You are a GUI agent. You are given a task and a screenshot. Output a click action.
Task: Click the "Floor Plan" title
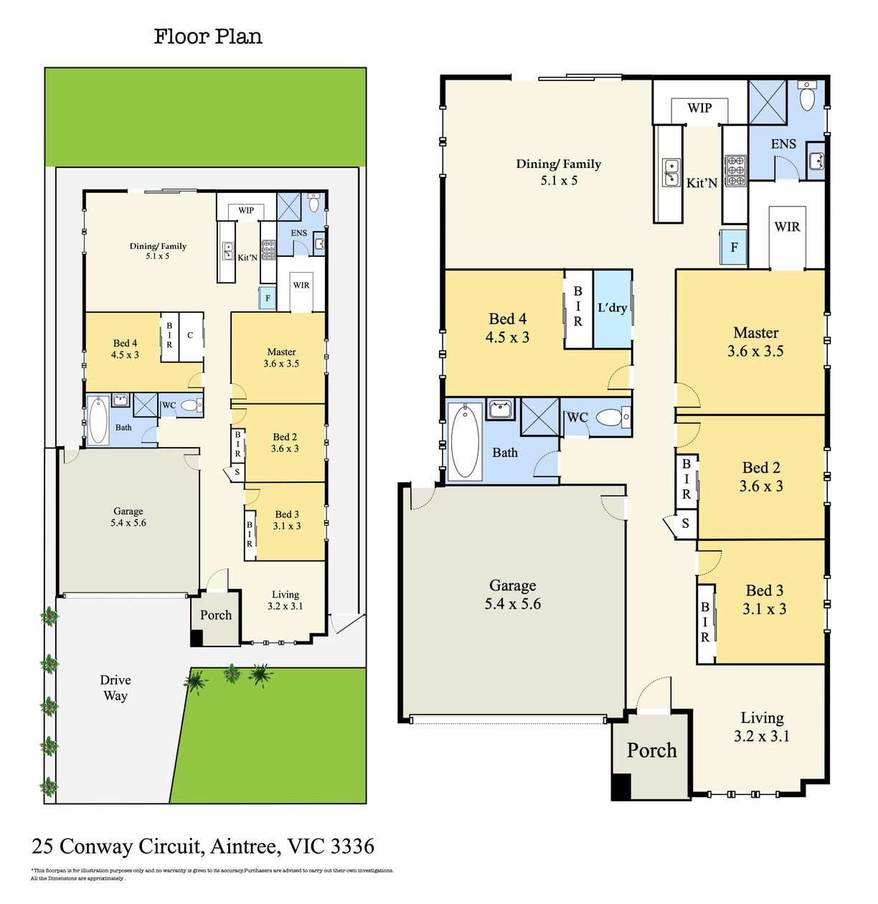pyautogui.click(x=207, y=37)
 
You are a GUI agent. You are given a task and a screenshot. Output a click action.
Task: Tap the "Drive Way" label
pyautogui.click(x=115, y=687)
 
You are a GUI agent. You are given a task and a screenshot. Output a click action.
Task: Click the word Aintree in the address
pyautogui.click(x=245, y=846)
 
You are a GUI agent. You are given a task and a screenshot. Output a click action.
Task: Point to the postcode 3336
pyautogui.click(x=352, y=846)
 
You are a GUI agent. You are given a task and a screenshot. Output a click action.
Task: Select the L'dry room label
pyautogui.click(x=612, y=308)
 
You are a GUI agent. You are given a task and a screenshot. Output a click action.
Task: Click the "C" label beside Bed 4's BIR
pyautogui.click(x=190, y=335)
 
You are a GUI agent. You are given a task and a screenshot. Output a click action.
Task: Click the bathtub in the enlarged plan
pyautogui.click(x=465, y=441)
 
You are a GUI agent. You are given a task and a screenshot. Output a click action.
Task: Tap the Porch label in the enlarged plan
pyautogui.click(x=651, y=750)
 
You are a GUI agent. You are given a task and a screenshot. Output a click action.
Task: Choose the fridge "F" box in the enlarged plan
pyautogui.click(x=733, y=247)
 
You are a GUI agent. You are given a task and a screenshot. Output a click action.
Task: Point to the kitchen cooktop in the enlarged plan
pyautogui.click(x=735, y=171)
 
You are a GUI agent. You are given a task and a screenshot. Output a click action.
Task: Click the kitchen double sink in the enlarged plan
pyautogui.click(x=671, y=172)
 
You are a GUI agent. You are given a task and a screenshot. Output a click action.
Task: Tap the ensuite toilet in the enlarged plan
pyautogui.click(x=807, y=95)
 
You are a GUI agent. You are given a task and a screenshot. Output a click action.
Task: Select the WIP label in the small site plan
pyautogui.click(x=246, y=210)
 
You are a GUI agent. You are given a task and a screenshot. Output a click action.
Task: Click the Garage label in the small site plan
pyautogui.click(x=128, y=511)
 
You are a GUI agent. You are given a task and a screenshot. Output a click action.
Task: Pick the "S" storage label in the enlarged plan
pyautogui.click(x=685, y=524)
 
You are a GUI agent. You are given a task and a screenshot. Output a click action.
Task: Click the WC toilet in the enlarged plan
pyautogui.click(x=612, y=417)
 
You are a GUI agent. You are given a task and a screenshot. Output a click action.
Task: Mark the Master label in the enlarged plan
pyautogui.click(x=756, y=333)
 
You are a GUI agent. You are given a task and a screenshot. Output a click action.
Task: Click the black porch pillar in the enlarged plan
pyautogui.click(x=620, y=786)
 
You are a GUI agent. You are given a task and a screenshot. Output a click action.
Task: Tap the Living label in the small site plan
pyautogui.click(x=285, y=595)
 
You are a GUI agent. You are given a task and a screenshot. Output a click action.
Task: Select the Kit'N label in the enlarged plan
pyautogui.click(x=702, y=182)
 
